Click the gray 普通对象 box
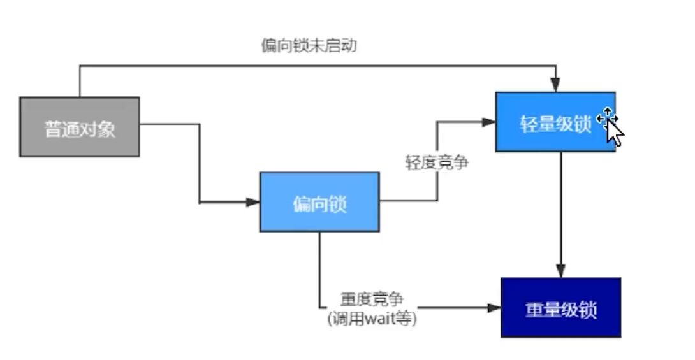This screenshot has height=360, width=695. pos(80,127)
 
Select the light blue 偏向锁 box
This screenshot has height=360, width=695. pos(319,202)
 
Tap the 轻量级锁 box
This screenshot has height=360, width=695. pos(555,122)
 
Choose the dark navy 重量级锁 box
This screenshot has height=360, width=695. pos(561,308)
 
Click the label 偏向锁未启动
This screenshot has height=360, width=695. pos(309,45)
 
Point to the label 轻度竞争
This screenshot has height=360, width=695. pos(437,162)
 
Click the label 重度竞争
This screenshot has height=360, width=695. pos(372,299)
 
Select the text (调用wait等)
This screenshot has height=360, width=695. pos(372,319)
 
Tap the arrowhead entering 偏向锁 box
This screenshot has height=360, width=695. pos(253,203)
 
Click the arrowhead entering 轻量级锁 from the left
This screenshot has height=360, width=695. pos(489,122)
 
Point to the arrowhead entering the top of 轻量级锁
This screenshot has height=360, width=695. pos(555,85)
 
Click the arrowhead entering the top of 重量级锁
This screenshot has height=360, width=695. pos(560,271)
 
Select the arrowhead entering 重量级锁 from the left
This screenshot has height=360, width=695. pos(494,308)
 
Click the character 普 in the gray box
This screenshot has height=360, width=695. pos(53,129)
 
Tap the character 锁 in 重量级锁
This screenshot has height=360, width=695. pos(588,310)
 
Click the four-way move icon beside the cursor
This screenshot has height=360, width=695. pos(607,118)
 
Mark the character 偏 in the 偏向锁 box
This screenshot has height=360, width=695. pos(302,204)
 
